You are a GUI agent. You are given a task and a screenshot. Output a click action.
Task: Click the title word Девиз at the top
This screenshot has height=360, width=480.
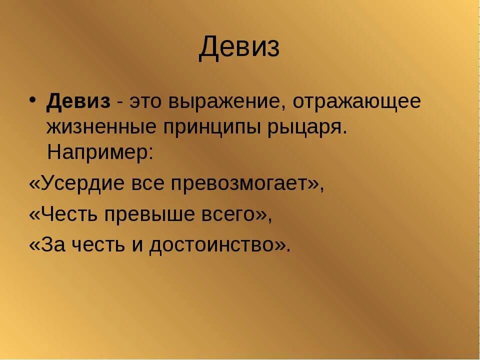(x=239, y=48)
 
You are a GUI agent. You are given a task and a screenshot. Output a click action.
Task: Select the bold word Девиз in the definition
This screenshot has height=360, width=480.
(x=78, y=101)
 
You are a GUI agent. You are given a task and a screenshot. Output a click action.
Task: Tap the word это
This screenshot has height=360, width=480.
(x=147, y=102)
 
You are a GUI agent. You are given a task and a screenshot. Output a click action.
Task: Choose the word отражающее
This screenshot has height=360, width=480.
(x=357, y=102)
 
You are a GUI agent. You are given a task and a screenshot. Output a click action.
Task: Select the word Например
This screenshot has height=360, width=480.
(x=100, y=151)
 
